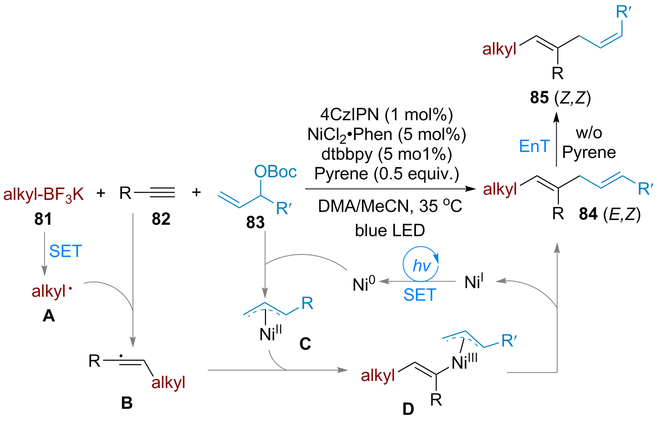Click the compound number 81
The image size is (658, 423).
(x=43, y=219)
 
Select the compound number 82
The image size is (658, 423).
(x=161, y=219)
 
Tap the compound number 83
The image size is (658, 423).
(x=255, y=222)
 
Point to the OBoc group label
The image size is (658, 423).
(x=275, y=171)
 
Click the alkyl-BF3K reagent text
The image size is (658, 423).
(x=44, y=194)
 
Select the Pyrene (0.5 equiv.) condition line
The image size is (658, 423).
(x=387, y=173)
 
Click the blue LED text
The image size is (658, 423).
(x=390, y=230)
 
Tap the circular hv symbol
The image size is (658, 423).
(x=421, y=264)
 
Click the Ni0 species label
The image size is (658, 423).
(x=364, y=284)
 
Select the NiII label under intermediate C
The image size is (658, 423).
(x=271, y=333)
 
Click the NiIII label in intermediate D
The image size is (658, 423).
(x=464, y=362)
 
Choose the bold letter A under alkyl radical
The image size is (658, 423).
(x=49, y=316)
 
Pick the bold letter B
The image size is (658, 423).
(x=127, y=403)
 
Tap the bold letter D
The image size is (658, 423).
(x=408, y=409)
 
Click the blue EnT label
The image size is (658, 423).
(x=534, y=146)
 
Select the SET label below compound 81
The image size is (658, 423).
(x=65, y=251)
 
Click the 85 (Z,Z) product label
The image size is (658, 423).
(x=560, y=97)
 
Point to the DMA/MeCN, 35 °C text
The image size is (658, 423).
(x=390, y=206)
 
